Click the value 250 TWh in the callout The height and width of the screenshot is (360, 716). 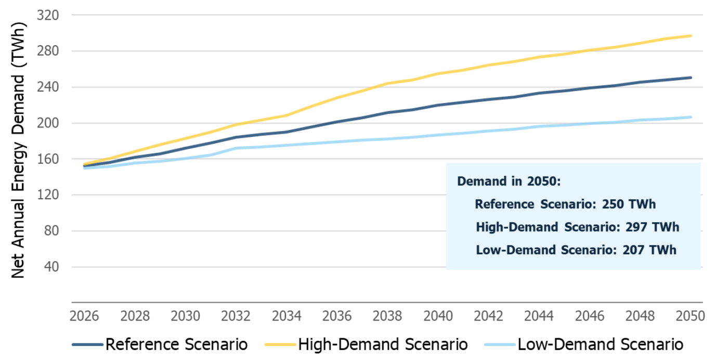pos(629,204)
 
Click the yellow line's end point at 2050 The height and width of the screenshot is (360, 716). pos(691,36)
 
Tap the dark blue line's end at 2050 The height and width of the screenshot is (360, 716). pos(691,78)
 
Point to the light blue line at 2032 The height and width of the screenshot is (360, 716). pos(236,148)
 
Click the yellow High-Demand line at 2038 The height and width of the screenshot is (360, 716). pos(387,83)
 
